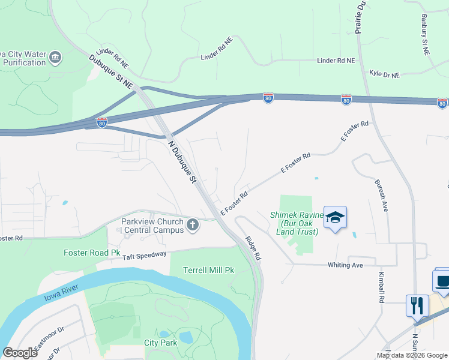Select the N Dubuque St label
pos(182,162)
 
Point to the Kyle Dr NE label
pos(385,74)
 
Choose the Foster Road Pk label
pos(92,253)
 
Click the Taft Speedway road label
pos(145,255)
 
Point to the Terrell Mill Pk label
pos(208,270)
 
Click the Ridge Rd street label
pos(253,247)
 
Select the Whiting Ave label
pos(345,265)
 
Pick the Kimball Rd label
pos(381,287)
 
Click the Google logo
pos(20,353)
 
